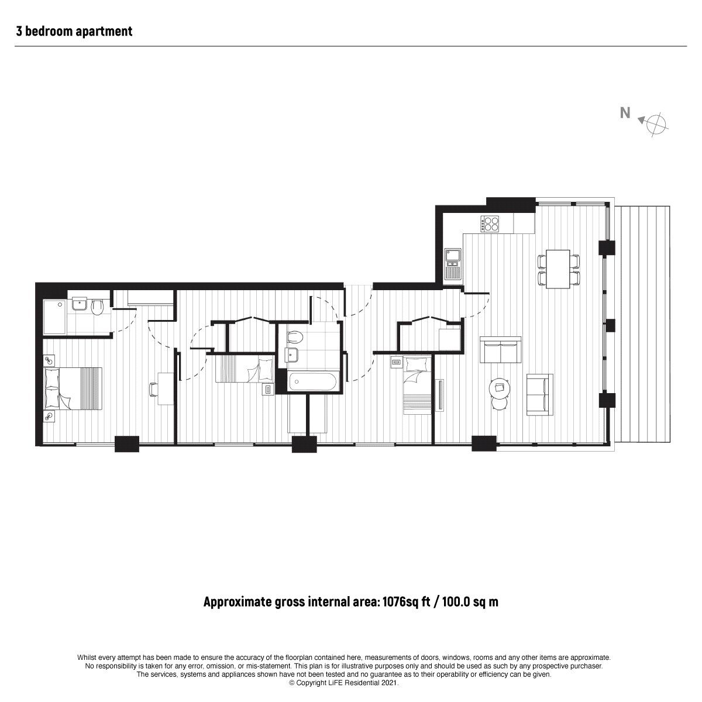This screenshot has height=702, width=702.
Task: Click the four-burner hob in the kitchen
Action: (x=490, y=223)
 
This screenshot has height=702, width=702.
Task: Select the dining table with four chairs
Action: (x=558, y=269)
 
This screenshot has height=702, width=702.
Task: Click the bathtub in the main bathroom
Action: (x=314, y=381)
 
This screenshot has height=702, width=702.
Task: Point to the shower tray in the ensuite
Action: (x=54, y=316)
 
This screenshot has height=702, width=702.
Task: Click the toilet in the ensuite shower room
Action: (x=98, y=308)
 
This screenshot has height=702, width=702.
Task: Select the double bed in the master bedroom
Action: (x=73, y=388)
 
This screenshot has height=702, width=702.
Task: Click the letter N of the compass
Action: (x=625, y=113)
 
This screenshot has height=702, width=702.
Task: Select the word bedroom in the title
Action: (x=49, y=32)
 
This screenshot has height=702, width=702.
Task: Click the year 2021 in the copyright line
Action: (x=390, y=683)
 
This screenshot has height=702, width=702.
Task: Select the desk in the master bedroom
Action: (x=166, y=388)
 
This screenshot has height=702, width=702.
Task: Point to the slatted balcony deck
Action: (x=642, y=324)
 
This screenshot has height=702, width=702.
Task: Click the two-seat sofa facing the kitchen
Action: (x=501, y=349)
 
